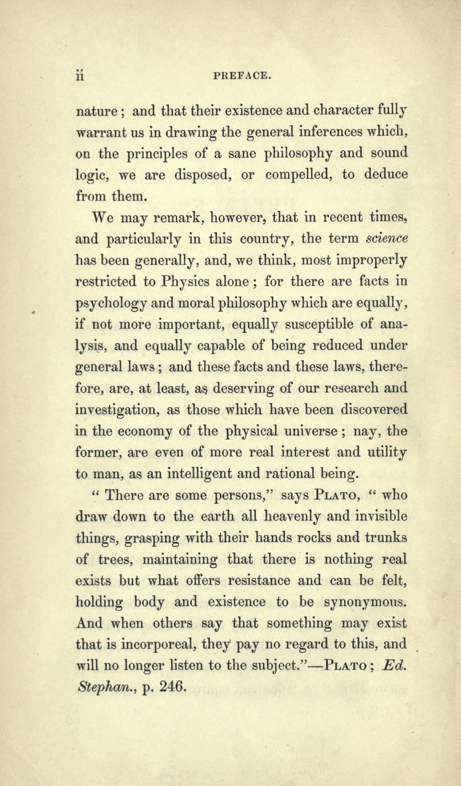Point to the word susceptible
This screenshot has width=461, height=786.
[x=320, y=325]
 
